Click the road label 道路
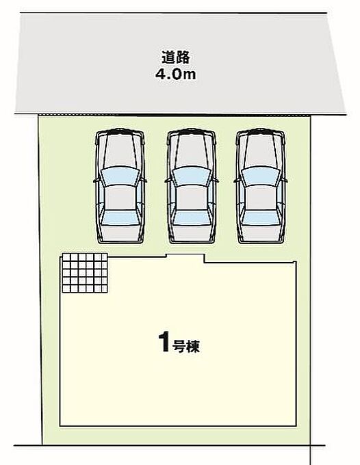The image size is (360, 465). pyautogui.click(x=175, y=57)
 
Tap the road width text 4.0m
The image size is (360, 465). pyautogui.click(x=176, y=74)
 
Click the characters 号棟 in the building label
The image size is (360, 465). pyautogui.click(x=186, y=345)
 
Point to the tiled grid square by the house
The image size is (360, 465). pyautogui.click(x=85, y=273)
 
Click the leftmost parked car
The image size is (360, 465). pyautogui.click(x=120, y=186)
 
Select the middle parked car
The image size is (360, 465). pyautogui.click(x=192, y=186)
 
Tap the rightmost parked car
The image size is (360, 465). pyautogui.click(x=261, y=186)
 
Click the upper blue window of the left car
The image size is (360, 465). pyautogui.click(x=120, y=176)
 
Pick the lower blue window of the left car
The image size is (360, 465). pyautogui.click(x=120, y=217)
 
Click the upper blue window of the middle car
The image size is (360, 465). pyautogui.click(x=192, y=176)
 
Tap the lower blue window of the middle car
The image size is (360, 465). pyautogui.click(x=192, y=217)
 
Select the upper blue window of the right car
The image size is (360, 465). pyautogui.click(x=261, y=176)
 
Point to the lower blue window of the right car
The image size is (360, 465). pyautogui.click(x=261, y=217)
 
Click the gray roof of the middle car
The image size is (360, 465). pyautogui.click(x=192, y=198)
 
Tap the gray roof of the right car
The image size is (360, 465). pyautogui.click(x=261, y=198)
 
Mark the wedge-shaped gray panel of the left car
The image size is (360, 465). pyautogui.click(x=120, y=151)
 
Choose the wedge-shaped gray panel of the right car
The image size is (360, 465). pyautogui.click(x=261, y=151)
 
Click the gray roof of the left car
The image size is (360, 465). pyautogui.click(x=120, y=198)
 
